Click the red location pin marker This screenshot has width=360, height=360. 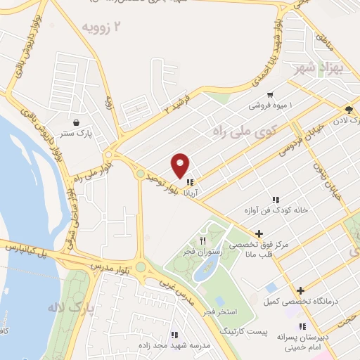pos(181,165)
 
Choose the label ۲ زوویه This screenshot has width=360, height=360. pos(105,28)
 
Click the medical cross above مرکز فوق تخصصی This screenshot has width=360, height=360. pos(259,233)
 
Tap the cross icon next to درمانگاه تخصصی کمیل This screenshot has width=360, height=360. pos(301,290)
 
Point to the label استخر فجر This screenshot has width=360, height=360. pos(219,311)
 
